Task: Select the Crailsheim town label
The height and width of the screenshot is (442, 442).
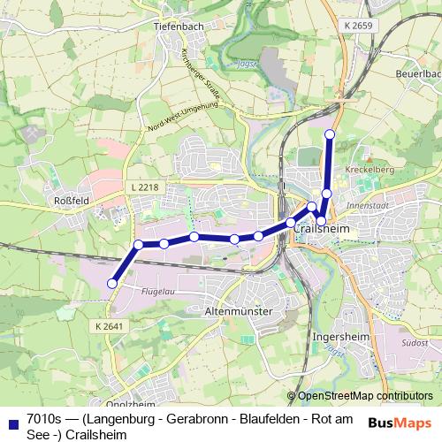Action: tap(321, 228)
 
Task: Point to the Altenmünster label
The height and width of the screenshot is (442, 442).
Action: tap(240, 311)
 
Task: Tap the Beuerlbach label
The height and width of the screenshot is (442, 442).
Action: tap(419, 74)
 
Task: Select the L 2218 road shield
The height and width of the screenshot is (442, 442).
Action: tap(141, 187)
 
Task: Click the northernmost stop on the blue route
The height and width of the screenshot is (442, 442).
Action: tap(330, 134)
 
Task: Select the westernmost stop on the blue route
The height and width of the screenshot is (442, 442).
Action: tap(111, 283)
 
